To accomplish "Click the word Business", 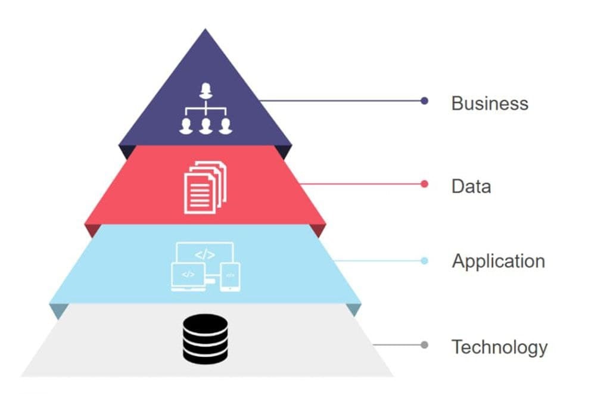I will tap(490, 103).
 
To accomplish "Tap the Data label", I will tap(471, 186).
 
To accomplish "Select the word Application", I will tap(498, 261).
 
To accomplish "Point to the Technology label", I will tap(499, 347).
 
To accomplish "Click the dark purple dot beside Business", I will tap(424, 101).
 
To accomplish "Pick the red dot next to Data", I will tap(424, 184).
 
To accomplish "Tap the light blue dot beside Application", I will tap(424, 261).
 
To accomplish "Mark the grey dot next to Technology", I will tap(424, 345).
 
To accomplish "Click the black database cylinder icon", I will tap(205, 339).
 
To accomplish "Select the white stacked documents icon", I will tap(205, 186).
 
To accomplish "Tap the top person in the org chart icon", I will tap(206, 91).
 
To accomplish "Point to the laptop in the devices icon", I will tap(188, 276).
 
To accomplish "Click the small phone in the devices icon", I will tap(229, 276).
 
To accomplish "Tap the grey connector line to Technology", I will tap(396, 345).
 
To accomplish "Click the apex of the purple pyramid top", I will tap(206, 30).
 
